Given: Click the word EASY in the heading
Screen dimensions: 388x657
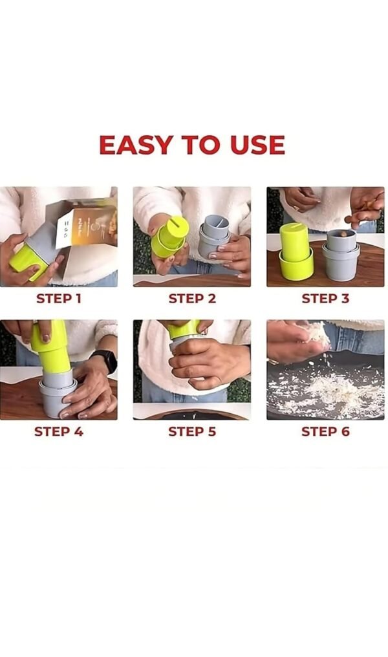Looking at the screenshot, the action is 136,145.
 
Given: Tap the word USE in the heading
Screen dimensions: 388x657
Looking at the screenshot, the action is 257,145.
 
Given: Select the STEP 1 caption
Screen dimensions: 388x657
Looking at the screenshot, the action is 59,299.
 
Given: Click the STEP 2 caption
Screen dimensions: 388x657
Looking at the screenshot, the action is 192,299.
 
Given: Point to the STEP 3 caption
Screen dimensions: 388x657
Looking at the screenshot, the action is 325,299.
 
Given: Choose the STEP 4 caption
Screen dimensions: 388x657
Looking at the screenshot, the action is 59,431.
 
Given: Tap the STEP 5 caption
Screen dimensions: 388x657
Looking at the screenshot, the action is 192,431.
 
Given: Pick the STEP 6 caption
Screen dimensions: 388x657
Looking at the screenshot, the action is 325,431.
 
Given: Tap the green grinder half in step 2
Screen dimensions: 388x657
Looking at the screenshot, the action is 169,237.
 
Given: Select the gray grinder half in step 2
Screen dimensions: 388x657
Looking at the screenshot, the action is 213,237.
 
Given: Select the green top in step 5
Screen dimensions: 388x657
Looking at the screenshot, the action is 184,329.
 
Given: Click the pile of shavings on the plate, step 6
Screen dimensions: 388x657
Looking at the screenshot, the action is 331,394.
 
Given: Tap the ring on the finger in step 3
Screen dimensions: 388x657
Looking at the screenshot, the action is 296,208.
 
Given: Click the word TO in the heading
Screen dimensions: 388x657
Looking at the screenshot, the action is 201,145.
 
